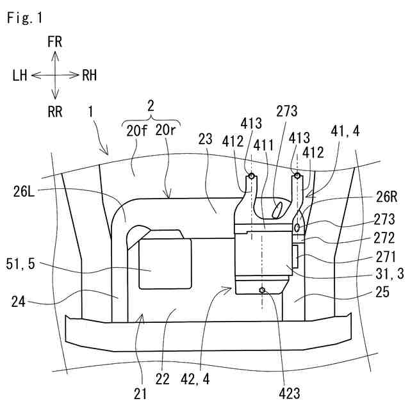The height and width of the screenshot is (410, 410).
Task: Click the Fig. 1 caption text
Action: (24, 19)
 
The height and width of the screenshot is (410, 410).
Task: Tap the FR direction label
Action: (55, 42)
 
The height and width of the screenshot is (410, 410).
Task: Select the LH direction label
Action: (20, 76)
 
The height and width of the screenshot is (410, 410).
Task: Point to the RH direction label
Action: (90, 76)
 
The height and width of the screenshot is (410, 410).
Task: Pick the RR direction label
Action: (55, 112)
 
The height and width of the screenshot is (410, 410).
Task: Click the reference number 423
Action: (290, 393)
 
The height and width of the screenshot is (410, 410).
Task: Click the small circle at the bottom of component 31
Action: (262, 290)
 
